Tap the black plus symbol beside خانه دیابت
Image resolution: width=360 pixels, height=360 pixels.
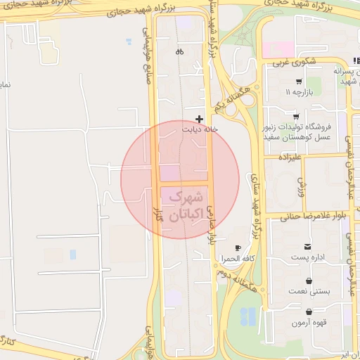pos(200,119)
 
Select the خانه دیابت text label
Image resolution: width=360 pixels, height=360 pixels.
pos(196,129)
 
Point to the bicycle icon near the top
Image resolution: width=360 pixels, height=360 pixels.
pos(179,51)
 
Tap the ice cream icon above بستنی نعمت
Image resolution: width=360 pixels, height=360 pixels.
pos(309,281)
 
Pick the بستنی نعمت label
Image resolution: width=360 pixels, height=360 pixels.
pos(307,292)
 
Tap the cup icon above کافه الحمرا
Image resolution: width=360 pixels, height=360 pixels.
pos(238,248)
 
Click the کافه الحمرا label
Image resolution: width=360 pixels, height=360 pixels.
pos(233,259)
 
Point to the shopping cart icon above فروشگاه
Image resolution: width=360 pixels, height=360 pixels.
pos(297,117)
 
